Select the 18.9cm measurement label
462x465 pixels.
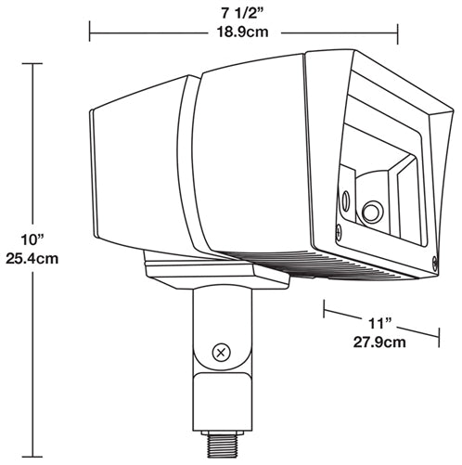coord(244,33)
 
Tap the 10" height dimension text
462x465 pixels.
coord(35,241)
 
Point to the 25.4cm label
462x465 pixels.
coord(35,260)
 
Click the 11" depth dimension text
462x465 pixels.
coord(380,322)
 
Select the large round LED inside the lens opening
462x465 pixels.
coord(373,211)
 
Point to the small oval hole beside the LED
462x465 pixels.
coord(347,199)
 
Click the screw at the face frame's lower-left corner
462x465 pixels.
coord(338,225)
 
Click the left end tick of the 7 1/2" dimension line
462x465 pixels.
coord(89,32)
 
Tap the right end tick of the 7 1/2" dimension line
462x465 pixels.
coord(398,32)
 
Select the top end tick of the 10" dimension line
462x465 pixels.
coord(35,64)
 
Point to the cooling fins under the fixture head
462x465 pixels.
coord(371,264)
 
